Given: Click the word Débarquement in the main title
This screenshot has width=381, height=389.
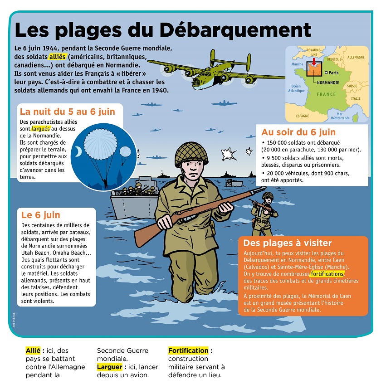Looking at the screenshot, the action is click(235, 30).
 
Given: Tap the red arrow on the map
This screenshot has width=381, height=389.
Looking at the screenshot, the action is click(314, 62).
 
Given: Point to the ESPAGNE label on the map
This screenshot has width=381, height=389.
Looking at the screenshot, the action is click(303, 116).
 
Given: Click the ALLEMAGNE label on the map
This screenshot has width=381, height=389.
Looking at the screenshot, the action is click(356, 57).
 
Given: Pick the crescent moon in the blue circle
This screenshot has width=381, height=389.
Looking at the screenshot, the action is click(78, 151).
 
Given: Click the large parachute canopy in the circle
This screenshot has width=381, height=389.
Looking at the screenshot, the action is click(101, 144).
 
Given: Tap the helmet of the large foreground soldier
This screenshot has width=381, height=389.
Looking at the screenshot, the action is click(191, 154).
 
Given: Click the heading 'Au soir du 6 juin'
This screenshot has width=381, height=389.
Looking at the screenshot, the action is click(298, 132).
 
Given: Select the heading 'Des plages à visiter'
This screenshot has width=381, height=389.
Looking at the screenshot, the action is click(288, 243).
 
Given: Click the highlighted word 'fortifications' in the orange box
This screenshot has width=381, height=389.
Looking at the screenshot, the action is click(327, 274).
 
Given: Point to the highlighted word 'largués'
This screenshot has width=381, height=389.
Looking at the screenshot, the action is click(41, 129).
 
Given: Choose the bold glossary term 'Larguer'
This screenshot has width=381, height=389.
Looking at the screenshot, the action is click(109, 367).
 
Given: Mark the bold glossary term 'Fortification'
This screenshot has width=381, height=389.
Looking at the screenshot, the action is click(188, 350).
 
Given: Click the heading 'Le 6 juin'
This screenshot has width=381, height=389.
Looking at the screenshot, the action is click(41, 215).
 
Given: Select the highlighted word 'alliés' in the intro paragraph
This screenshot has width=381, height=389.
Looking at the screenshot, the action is click(57, 57).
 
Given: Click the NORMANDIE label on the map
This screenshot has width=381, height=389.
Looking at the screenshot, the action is click(328, 83).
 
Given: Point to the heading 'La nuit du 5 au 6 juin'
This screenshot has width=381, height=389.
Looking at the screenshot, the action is click(68, 112).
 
